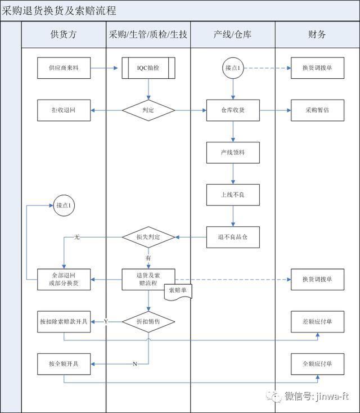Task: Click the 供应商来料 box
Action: (x=64, y=69)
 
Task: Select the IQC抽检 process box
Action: (x=148, y=69)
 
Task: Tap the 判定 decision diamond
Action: (x=148, y=110)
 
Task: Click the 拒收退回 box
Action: (x=64, y=110)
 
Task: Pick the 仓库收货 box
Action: (x=233, y=110)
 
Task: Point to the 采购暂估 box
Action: (x=317, y=110)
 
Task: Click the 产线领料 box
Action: (x=233, y=152)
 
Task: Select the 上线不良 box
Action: (x=233, y=195)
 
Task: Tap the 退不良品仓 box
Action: (x=233, y=237)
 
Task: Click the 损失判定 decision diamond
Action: (x=148, y=237)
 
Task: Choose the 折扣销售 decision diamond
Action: (x=148, y=321)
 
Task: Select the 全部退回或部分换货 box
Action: (x=64, y=279)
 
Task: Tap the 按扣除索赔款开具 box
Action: (x=64, y=321)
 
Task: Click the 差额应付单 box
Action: (x=317, y=321)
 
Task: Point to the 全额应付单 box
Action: (x=317, y=363)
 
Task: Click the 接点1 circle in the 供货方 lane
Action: (x=64, y=206)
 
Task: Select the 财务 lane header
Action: (x=317, y=35)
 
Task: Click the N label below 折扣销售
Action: (x=134, y=364)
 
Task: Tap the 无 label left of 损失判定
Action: (x=77, y=237)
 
